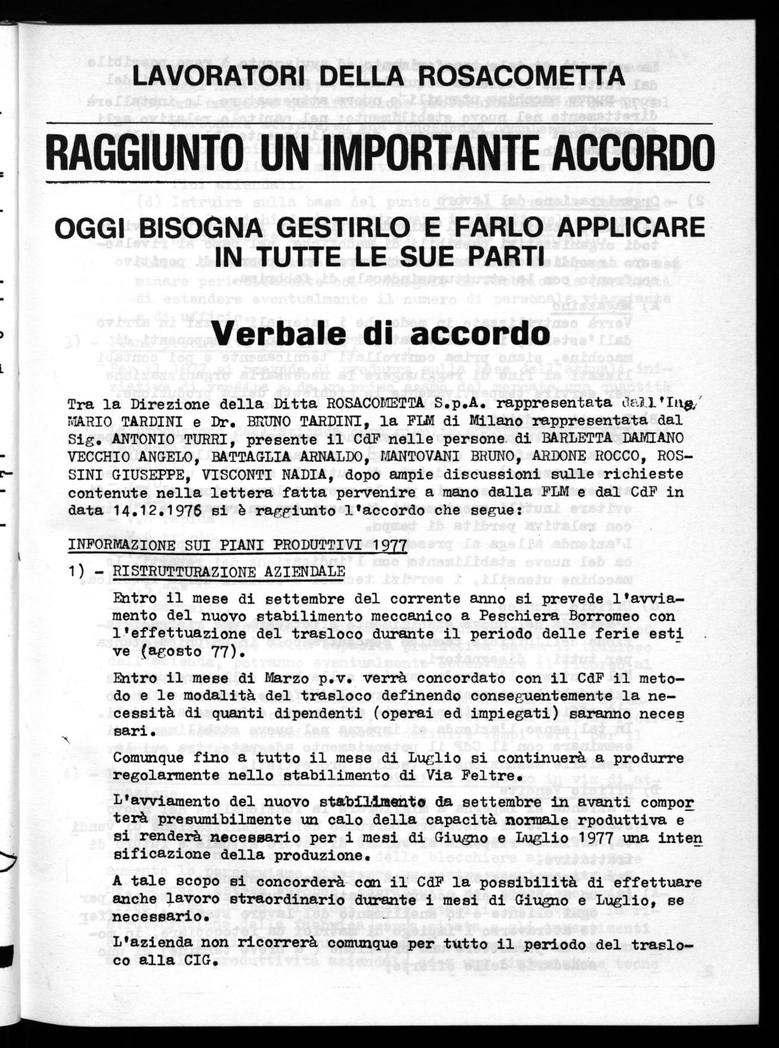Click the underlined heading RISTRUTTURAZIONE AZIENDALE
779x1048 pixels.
[x=230, y=571]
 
